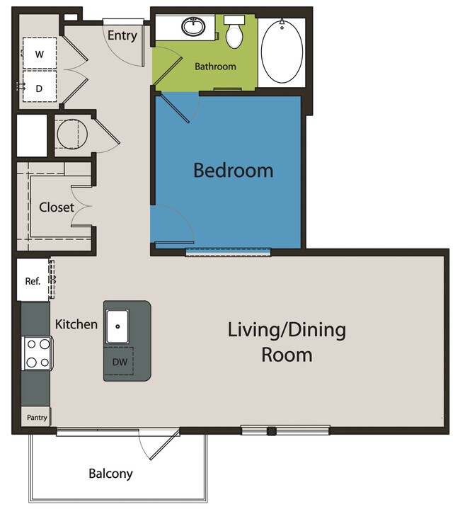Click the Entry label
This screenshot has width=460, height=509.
(122, 35)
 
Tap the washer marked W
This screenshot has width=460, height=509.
(40, 53)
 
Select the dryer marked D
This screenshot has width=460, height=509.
(40, 86)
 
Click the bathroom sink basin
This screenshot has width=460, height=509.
(193, 27)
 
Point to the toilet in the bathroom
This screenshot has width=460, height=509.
(234, 32)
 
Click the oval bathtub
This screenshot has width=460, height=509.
(282, 52)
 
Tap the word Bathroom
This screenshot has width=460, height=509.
(215, 67)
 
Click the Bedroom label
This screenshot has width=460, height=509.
(234, 171)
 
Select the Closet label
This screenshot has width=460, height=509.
(57, 207)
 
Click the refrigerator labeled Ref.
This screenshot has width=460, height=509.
(33, 280)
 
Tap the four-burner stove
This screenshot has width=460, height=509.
(38, 353)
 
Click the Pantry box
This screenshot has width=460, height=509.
(36, 416)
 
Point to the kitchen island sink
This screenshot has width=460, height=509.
(117, 326)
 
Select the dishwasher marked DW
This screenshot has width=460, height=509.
(119, 361)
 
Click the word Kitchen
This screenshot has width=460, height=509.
(76, 324)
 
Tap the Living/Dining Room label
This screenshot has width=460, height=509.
(287, 342)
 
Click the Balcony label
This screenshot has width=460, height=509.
(110, 474)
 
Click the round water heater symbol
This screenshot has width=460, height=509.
(72, 134)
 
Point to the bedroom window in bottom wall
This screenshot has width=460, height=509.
(228, 252)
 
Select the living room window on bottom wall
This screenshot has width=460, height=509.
(285, 430)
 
